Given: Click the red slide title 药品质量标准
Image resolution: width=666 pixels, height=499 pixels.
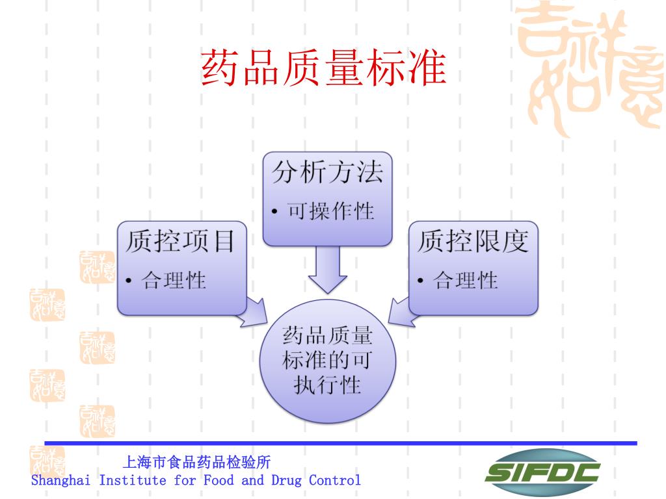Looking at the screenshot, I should click(324, 69).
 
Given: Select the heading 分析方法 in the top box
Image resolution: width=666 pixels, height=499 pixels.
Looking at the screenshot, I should click(327, 172).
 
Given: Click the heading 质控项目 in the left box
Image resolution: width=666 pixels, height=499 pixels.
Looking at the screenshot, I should click(180, 242).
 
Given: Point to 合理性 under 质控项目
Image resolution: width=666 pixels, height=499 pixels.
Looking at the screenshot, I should click(174, 280).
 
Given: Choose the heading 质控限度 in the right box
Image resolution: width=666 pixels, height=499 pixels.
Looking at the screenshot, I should click(472, 242).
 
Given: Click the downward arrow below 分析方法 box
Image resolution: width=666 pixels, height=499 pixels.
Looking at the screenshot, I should click(327, 268).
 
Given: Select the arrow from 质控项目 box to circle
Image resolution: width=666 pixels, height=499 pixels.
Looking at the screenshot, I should click(254, 311).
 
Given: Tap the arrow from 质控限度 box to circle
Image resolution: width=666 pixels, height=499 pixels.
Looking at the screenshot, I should click(401, 311).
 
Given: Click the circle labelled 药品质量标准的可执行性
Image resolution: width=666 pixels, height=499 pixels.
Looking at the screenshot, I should click(327, 361).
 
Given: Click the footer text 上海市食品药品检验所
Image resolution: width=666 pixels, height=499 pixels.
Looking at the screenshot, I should click(196, 463).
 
